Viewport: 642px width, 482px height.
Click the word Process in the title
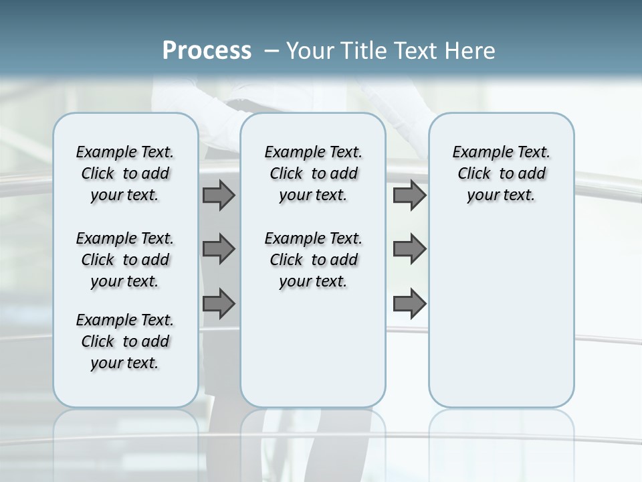pyautogui.click(x=207, y=50)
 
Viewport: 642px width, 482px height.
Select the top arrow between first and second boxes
pyautogui.click(x=219, y=195)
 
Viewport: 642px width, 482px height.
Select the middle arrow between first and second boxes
pyautogui.click(x=219, y=249)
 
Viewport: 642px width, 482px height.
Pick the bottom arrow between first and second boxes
pyautogui.click(x=219, y=303)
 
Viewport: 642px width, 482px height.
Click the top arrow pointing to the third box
pyautogui.click(x=409, y=195)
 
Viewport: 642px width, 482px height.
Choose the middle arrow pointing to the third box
pyautogui.click(x=409, y=249)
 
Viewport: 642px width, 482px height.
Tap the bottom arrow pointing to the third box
pyautogui.click(x=409, y=303)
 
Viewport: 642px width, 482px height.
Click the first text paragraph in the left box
pyautogui.click(x=125, y=173)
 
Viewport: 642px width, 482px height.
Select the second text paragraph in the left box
pyautogui.click(x=125, y=260)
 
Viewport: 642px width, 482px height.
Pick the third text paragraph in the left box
pyautogui.click(x=125, y=341)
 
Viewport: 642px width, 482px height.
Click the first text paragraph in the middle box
pyautogui.click(x=313, y=173)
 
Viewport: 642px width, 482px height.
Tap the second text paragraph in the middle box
pyautogui.click(x=313, y=260)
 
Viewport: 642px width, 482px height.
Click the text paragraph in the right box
pyautogui.click(x=501, y=173)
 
